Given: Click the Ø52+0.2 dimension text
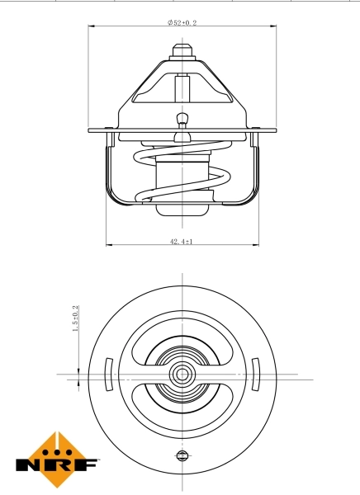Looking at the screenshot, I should tap(182, 23).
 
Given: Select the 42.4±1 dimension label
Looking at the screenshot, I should tap(181, 242).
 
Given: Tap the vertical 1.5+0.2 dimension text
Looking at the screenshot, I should tap(75, 318).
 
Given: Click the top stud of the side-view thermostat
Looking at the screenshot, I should tap(181, 50).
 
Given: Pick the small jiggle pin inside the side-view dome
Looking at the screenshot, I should tap(181, 120).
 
